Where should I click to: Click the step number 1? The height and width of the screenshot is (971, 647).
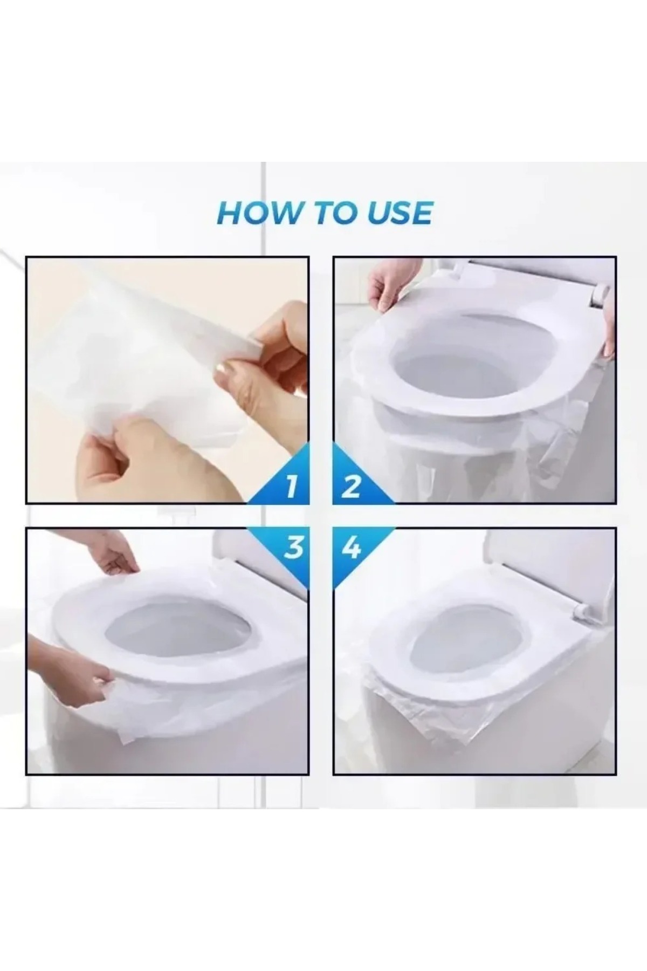tap(292, 487)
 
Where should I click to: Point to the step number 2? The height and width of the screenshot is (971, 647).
tap(351, 487)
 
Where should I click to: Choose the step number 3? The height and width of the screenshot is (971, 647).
tap(293, 548)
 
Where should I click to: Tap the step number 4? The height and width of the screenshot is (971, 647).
tap(351, 548)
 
